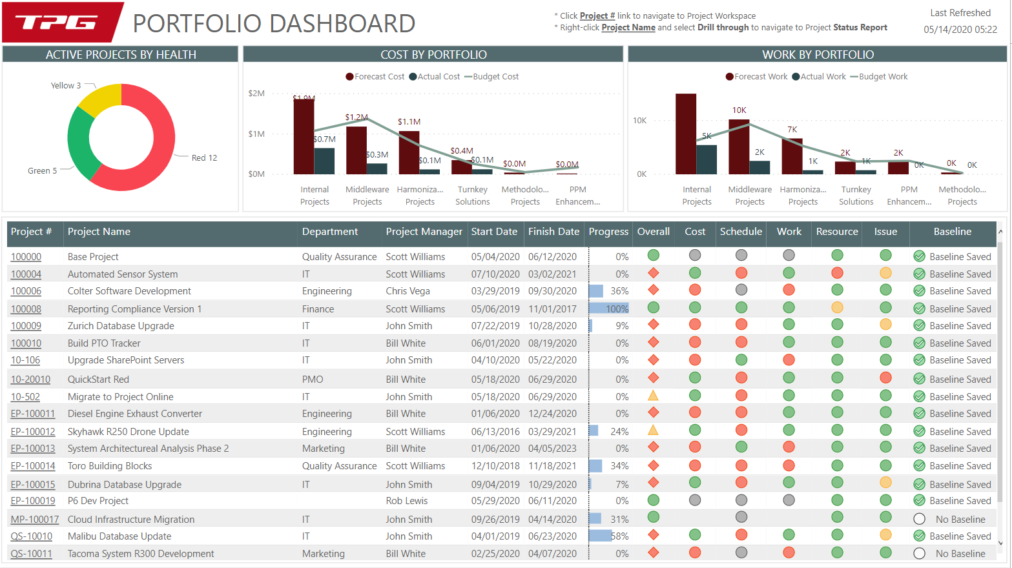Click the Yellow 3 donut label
pyautogui.click(x=66, y=85)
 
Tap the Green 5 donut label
pyautogui.click(x=42, y=171)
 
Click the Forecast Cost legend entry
pyautogui.click(x=375, y=77)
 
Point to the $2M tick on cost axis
pyautogui.click(x=256, y=94)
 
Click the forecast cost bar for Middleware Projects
pyautogui.click(x=356, y=150)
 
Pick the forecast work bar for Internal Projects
pyautogui.click(x=686, y=134)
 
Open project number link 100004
pyautogui.click(x=26, y=274)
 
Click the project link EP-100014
pyautogui.click(x=33, y=466)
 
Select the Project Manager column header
pyautogui.click(x=424, y=232)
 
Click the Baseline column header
pyautogui.click(x=952, y=232)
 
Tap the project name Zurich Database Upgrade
pyautogui.click(x=121, y=326)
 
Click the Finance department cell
pyautogui.click(x=318, y=309)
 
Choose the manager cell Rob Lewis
pyautogui.click(x=407, y=501)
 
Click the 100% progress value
pyautogui.click(x=617, y=309)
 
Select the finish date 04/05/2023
pyautogui.click(x=552, y=449)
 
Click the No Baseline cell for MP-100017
pyautogui.click(x=960, y=520)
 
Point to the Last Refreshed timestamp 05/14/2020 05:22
pyautogui.click(x=960, y=30)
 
